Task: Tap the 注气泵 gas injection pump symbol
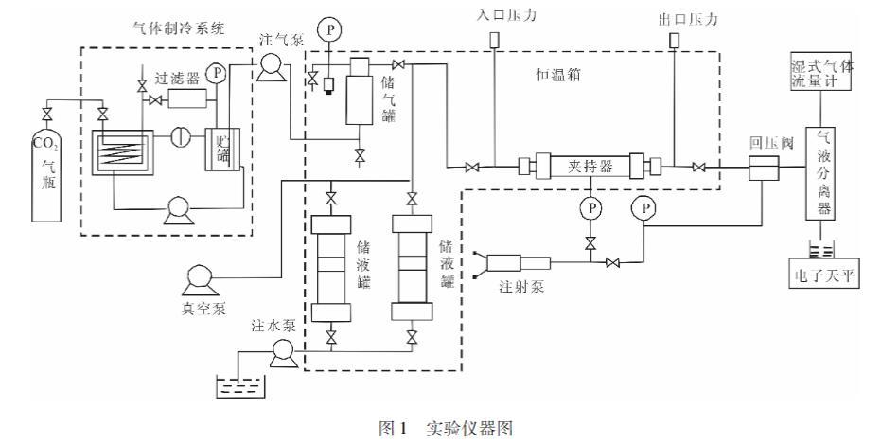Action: tap(267, 65)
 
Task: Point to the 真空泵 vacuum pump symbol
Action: tap(202, 279)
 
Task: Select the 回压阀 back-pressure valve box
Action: tap(763, 170)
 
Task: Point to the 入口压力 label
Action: tap(494, 16)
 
